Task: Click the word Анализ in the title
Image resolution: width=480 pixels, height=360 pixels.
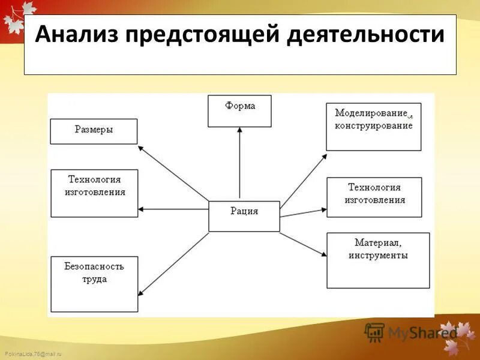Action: tap(77, 34)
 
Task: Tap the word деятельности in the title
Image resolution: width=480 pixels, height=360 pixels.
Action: tap(366, 34)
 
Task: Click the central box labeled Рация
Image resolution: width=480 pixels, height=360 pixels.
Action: tap(244, 216)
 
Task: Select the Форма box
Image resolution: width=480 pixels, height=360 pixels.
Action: tap(239, 111)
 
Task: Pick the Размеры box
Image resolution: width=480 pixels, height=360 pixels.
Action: tap(94, 131)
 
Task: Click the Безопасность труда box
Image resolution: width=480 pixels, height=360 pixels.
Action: tap(94, 284)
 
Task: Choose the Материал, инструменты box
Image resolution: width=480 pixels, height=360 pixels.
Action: tap(378, 260)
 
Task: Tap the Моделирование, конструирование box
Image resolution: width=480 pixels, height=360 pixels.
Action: tap(373, 127)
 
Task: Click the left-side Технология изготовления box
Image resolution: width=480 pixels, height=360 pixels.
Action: tap(94, 193)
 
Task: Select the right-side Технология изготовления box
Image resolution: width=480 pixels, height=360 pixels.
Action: tap(374, 197)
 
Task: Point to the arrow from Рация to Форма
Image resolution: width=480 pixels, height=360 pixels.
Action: tap(239, 162)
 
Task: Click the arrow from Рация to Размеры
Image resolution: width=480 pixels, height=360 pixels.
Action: tap(174, 173)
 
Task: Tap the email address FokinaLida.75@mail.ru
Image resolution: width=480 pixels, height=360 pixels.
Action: tap(32, 355)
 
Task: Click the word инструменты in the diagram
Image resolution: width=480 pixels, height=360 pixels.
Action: tap(378, 256)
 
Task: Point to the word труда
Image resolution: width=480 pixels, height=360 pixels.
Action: tap(94, 279)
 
